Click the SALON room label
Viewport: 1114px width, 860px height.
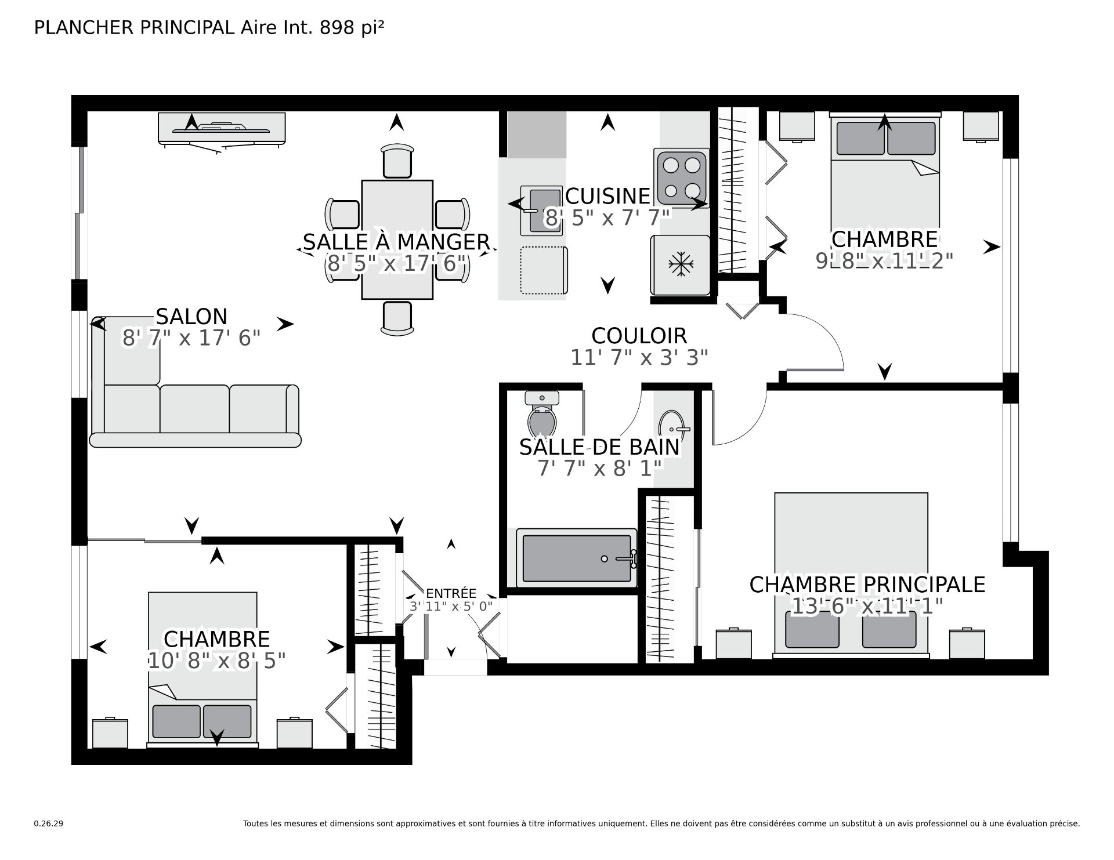[x=191, y=317]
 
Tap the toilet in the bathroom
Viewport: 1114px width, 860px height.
[x=542, y=413]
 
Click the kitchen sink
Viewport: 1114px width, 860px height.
[x=542, y=211]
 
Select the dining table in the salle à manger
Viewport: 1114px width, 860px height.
[x=397, y=240]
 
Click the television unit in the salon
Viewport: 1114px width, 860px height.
[x=222, y=128]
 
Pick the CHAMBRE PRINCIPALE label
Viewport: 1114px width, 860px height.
[x=867, y=585]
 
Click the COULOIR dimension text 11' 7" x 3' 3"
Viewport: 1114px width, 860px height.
[x=639, y=358]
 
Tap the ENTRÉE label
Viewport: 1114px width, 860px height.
[x=451, y=593]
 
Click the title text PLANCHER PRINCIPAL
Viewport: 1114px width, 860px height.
[x=134, y=28]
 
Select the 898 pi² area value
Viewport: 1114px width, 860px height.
[x=352, y=28]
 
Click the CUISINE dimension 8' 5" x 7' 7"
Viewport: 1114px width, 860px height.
[x=607, y=218]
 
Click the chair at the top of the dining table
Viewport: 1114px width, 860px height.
[x=397, y=161]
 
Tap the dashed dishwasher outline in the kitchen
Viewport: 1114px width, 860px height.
[x=544, y=270]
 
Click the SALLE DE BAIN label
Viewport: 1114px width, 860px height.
[x=599, y=447]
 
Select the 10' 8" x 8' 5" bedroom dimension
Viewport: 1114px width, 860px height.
[x=217, y=661]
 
